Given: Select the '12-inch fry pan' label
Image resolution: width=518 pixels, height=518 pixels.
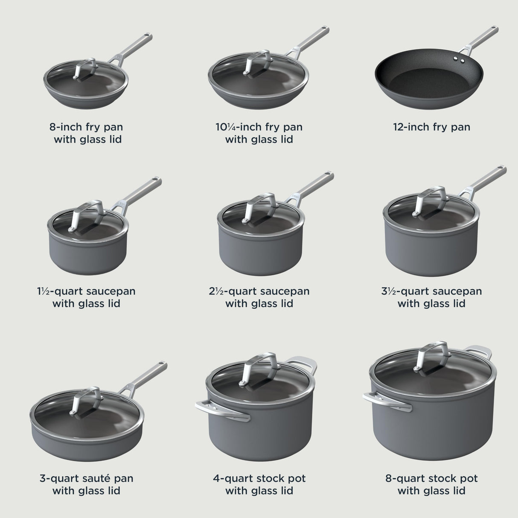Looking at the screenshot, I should pos(431,127).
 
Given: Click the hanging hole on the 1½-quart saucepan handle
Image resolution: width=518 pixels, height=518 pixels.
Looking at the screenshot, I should pos(156,179).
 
